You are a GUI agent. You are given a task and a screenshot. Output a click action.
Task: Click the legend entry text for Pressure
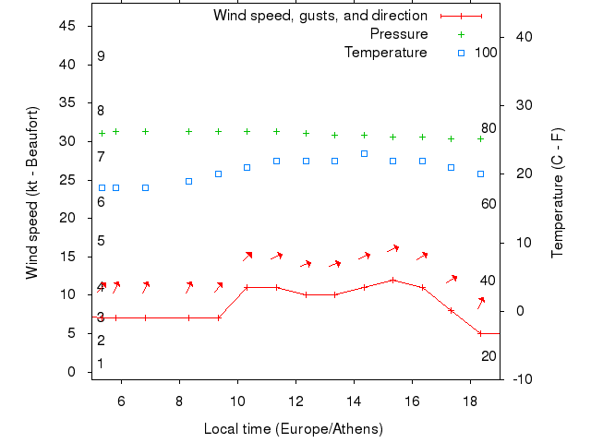coord(399,34)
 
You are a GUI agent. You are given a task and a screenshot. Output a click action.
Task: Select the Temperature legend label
coord(386,53)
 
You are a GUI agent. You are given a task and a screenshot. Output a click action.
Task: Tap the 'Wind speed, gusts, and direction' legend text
coord(320,16)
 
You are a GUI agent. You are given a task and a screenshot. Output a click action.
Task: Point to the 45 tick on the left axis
coord(68,26)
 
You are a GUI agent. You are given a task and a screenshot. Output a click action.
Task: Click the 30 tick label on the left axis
coord(68,141)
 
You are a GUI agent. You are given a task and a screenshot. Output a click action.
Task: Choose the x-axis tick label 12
coord(296,401)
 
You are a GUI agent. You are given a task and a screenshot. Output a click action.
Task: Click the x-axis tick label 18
coord(471,401)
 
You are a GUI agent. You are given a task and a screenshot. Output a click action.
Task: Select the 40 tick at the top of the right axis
coord(519,37)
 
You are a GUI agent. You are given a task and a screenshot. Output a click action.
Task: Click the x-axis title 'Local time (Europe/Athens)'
coord(293,429)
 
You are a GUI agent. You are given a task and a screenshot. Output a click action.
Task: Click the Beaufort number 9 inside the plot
coord(101,56)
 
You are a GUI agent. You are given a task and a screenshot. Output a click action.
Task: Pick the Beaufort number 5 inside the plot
coord(101,241)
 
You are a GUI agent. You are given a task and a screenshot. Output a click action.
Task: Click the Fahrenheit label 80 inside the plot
coord(488,128)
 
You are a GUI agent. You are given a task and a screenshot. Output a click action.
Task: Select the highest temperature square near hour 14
coord(364,153)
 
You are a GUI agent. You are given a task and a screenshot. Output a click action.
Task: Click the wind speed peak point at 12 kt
coord(392,280)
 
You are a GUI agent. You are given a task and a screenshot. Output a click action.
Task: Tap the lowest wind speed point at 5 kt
coord(480,333)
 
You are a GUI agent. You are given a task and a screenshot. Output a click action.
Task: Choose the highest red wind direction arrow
coord(392,248)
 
